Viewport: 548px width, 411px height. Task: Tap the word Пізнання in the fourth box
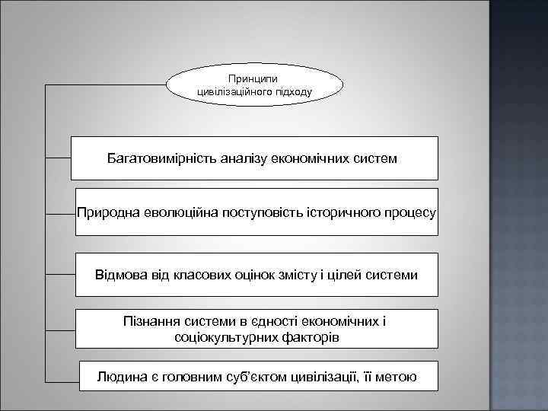pos(150,321)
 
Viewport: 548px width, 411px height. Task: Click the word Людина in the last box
pos(119,376)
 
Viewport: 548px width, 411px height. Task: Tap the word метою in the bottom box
pos(395,376)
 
